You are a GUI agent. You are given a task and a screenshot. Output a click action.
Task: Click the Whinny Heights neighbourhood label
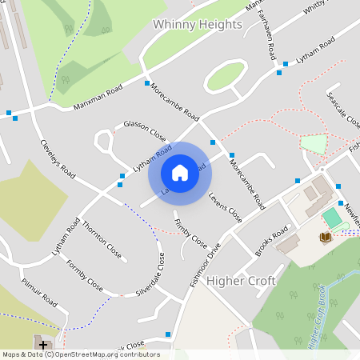(x=197, y=25)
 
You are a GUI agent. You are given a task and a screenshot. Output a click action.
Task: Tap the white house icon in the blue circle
(x=180, y=172)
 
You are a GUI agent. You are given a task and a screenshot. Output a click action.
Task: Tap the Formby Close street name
(x=86, y=274)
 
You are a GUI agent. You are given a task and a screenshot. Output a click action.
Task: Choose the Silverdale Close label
(x=150, y=275)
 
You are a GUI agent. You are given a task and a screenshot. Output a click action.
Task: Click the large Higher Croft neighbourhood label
(x=241, y=281)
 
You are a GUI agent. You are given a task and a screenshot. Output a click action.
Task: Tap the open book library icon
(x=325, y=238)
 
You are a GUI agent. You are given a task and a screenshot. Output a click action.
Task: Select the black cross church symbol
(x=42, y=345)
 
